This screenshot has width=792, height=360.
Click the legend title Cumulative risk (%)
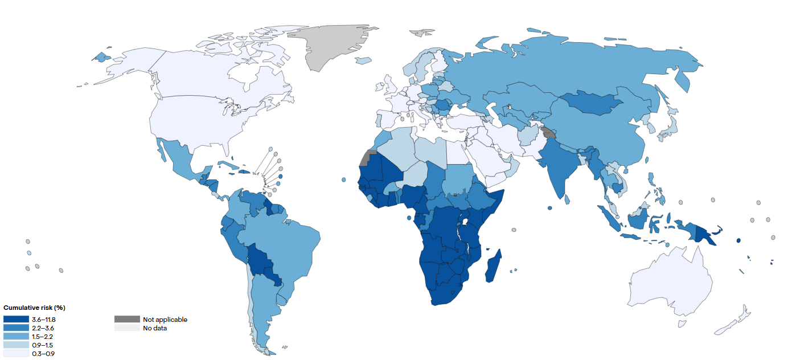pyautogui.click(x=34, y=308)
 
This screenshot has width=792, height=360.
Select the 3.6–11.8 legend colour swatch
pyautogui.click(x=15, y=320)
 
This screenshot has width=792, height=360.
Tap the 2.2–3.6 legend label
pyautogui.click(x=44, y=328)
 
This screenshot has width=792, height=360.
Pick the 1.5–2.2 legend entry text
pyautogui.click(x=44, y=337)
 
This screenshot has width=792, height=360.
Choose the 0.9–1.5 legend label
pyautogui.click(x=44, y=345)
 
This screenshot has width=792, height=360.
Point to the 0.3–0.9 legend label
pyautogui.click(x=44, y=354)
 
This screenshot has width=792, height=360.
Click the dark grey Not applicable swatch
pyautogui.click(x=127, y=320)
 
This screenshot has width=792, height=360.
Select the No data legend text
pyautogui.click(x=155, y=328)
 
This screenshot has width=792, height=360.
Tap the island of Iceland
pyautogui.click(x=363, y=60)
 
